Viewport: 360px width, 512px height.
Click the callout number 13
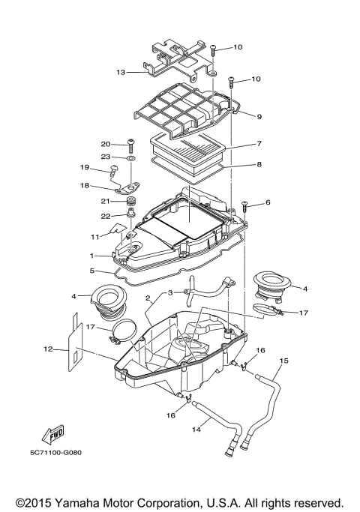[120, 73]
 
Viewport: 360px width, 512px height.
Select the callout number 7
[258, 143]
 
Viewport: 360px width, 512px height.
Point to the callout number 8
[258, 163]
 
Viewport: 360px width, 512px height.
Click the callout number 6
[268, 202]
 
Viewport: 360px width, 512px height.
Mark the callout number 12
[47, 349]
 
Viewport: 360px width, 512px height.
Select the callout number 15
[283, 361]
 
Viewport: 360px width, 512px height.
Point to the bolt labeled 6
[245, 205]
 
